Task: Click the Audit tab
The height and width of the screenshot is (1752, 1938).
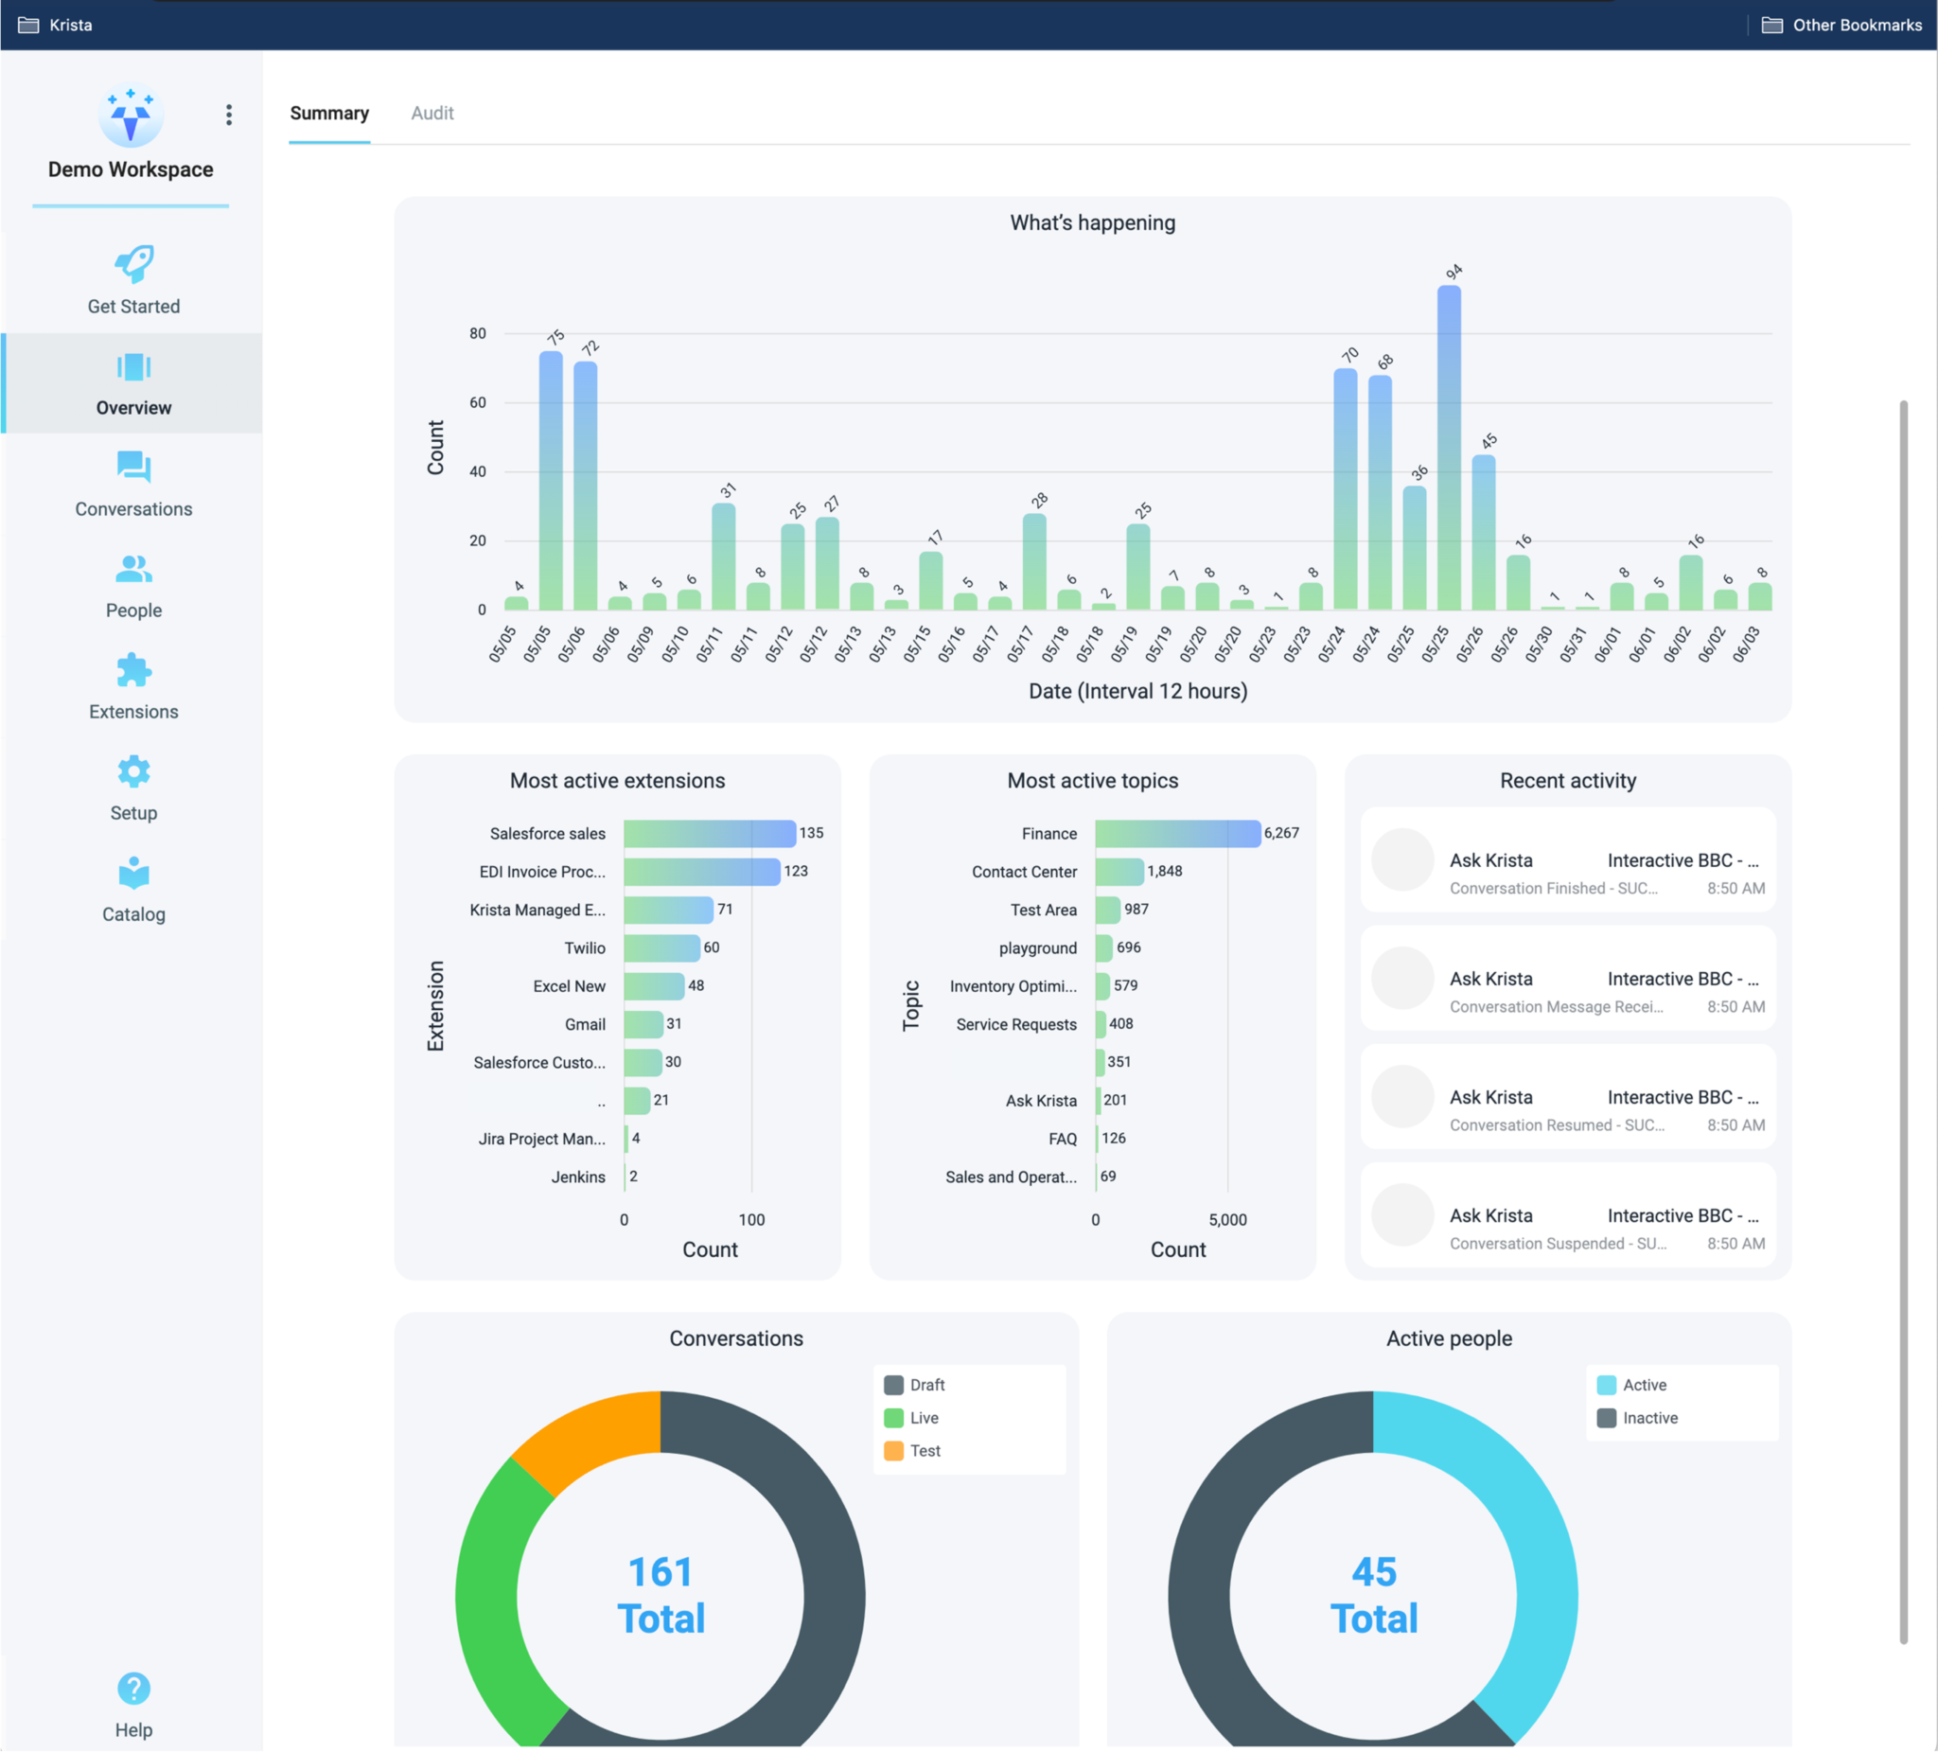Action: coord(432,114)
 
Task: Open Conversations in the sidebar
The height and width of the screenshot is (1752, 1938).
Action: coord(133,484)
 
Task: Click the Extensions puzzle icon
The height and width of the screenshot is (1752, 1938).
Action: coord(133,670)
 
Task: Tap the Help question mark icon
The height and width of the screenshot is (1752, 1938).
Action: coord(133,1688)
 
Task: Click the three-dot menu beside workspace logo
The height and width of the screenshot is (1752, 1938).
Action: coord(229,115)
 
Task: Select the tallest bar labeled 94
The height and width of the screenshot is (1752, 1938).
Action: coord(1449,447)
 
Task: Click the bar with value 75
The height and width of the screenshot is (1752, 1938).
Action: coord(551,481)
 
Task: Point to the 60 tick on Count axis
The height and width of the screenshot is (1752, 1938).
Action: coord(478,403)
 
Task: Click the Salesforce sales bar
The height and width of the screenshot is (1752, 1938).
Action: coord(710,834)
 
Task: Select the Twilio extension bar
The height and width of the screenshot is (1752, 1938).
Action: coord(661,948)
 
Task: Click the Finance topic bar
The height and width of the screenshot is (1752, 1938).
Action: coord(1176,834)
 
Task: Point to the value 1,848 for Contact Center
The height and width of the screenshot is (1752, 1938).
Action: coord(1164,871)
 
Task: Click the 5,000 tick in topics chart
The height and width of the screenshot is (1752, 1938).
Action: coord(1227,1219)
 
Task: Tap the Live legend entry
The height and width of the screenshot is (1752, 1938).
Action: coord(923,1417)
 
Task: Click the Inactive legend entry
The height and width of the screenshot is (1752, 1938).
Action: coord(1648,1417)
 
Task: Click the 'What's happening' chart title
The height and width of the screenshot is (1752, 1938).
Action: coord(1092,223)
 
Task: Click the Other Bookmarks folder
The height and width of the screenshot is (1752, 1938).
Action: coord(1841,25)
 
